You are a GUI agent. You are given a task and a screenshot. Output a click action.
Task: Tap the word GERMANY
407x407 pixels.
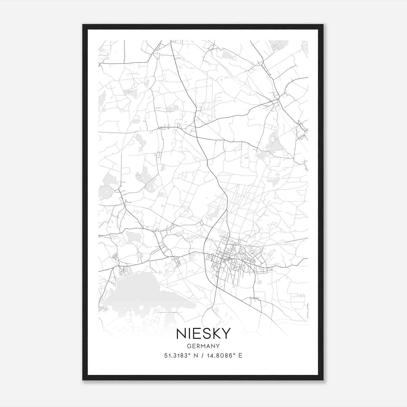point(203,346)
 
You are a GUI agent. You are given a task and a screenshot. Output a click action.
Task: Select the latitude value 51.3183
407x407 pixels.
point(176,356)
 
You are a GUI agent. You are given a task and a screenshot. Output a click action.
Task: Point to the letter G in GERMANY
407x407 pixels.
point(189,346)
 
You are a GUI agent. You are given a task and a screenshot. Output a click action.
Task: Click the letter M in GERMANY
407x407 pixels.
point(203,346)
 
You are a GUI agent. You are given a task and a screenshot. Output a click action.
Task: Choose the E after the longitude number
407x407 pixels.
point(240,356)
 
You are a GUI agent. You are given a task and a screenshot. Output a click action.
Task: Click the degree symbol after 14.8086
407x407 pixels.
point(234,354)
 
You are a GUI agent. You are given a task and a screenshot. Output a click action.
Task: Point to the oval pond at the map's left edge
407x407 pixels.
point(105,192)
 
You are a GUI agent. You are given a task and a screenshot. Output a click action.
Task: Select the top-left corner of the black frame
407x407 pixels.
point(83,25)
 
